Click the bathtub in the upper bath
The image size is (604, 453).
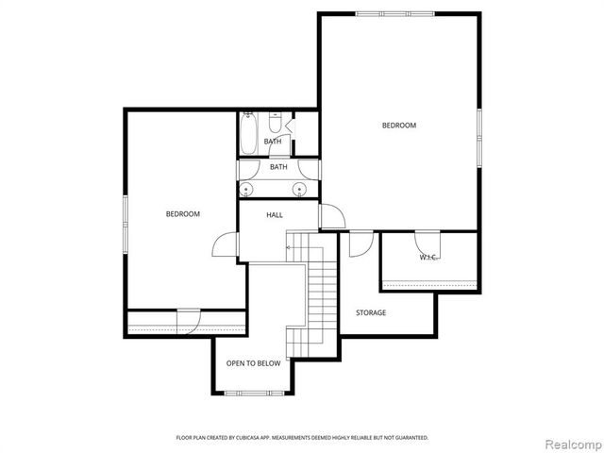247,134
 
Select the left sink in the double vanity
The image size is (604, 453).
247,189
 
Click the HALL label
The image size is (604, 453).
275,215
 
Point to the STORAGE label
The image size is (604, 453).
371,312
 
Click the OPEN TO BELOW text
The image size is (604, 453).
253,363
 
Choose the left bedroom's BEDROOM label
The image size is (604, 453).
183,214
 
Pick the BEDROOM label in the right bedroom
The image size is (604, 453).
399,126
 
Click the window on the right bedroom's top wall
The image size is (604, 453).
396,13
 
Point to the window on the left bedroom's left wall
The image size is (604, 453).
125,226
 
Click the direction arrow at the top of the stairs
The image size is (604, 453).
289,247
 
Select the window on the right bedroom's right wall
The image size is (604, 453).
480,138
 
